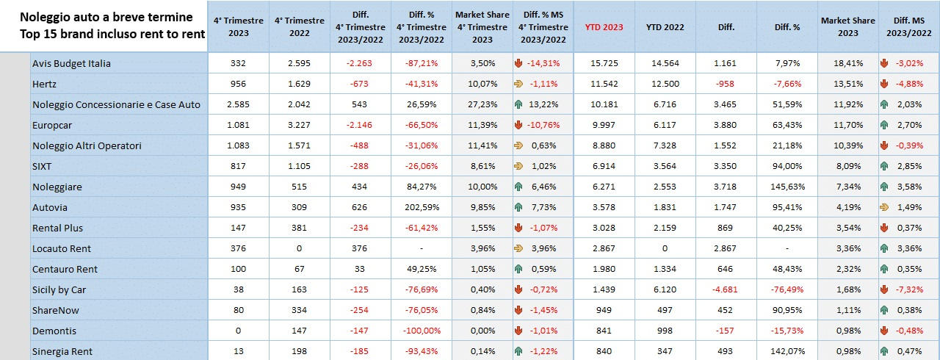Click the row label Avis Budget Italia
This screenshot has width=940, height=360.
(x=71, y=63)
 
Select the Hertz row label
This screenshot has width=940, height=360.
(x=44, y=84)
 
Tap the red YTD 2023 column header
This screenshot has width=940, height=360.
(x=604, y=27)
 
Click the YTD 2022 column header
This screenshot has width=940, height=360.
(x=665, y=27)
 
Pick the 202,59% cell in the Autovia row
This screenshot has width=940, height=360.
(x=422, y=207)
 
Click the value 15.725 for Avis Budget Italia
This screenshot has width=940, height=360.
(x=604, y=63)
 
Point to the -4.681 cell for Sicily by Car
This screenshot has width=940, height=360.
(x=726, y=289)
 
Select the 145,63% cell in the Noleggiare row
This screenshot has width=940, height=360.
(x=787, y=187)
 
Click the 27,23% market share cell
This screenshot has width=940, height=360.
(x=482, y=104)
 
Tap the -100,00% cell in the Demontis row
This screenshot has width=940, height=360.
(x=422, y=331)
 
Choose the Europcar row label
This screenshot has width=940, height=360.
(x=53, y=125)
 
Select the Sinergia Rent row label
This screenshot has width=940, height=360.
(x=62, y=351)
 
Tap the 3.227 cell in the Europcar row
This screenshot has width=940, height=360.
(x=300, y=125)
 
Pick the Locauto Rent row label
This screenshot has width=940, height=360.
(x=62, y=248)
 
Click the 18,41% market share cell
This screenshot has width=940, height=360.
(x=848, y=63)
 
